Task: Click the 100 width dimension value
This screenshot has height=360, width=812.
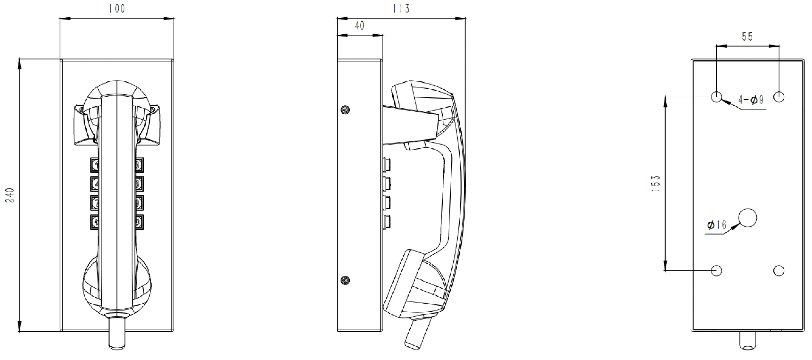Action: point(117,9)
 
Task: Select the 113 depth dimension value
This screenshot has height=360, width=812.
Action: point(401,9)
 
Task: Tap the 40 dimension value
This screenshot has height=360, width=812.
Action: point(359,26)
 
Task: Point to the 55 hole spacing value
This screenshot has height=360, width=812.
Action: point(747,37)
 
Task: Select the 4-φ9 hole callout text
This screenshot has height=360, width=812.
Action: point(751,100)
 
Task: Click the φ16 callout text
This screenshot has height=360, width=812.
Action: point(717,225)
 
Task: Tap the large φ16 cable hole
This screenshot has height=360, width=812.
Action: point(747,218)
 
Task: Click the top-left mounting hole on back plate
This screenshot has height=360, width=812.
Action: point(716,97)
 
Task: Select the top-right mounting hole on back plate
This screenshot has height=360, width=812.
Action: point(779,97)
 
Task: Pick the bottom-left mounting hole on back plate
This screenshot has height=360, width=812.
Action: point(716,270)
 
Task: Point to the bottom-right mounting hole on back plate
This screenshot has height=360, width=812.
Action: point(779,270)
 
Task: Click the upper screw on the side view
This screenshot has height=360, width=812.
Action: point(345,110)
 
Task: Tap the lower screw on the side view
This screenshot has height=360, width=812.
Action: point(345,280)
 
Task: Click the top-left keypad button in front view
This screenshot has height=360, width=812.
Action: point(95,165)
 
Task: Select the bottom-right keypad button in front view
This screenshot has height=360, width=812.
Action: point(139,222)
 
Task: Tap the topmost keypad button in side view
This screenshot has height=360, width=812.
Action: point(387,165)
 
